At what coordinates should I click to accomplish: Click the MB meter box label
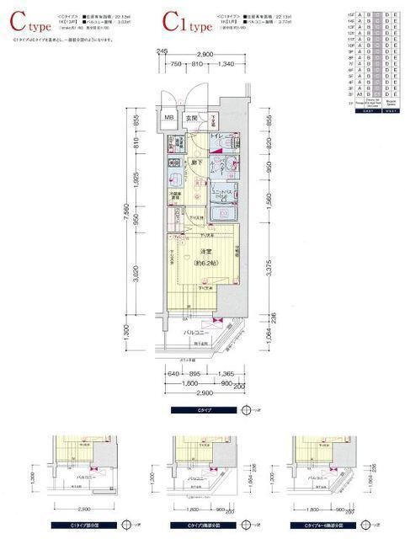pos(168,119)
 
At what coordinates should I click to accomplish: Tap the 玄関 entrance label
pos(191,119)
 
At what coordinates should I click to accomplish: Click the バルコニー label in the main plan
pos(198,334)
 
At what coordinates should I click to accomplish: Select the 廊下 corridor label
pos(195,161)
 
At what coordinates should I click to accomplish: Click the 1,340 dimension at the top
pos(224,64)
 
